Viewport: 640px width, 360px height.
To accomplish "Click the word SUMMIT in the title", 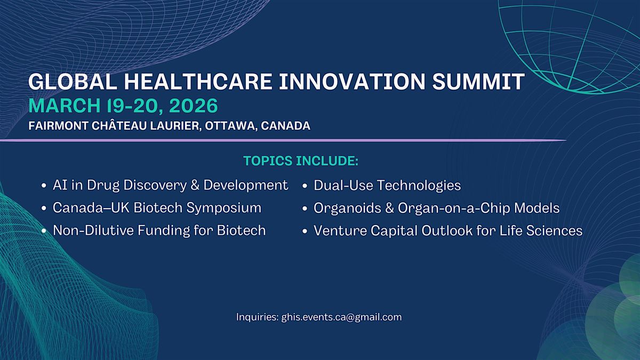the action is click(x=478, y=82).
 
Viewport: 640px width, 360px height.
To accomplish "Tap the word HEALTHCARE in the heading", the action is click(x=198, y=82).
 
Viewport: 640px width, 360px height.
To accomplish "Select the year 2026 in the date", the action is click(x=194, y=106).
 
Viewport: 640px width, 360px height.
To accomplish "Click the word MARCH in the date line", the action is click(x=65, y=106).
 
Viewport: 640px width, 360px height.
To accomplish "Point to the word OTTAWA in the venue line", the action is click(x=229, y=126).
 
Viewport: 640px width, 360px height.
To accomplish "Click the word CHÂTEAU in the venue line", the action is click(x=119, y=125).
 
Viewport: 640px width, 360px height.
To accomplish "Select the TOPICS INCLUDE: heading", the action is click(x=301, y=161).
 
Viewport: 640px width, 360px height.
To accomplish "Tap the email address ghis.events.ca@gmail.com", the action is click(x=341, y=317).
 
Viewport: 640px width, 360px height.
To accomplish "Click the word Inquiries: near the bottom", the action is click(x=257, y=317).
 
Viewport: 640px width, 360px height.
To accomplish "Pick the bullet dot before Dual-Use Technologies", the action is click(x=305, y=186).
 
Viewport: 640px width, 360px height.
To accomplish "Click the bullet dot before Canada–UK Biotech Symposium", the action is click(x=44, y=209).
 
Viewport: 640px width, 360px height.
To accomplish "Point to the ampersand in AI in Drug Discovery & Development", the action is click(x=195, y=185).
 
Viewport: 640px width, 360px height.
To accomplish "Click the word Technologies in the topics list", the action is click(x=419, y=186).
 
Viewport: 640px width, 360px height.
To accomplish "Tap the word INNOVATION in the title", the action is click(x=352, y=82).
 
